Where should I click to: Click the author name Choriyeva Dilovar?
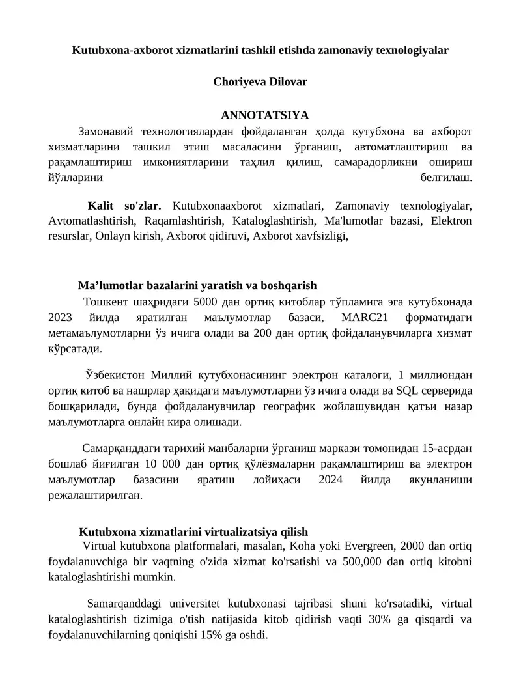coord(260,82)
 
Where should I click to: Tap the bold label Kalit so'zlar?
coord(124,206)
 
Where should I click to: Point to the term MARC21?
coord(364,318)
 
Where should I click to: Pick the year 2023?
coord(62,318)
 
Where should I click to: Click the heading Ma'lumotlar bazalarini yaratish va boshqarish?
coord(197,285)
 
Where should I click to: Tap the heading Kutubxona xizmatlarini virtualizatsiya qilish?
coord(193,531)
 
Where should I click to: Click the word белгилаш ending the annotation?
coord(445,177)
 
